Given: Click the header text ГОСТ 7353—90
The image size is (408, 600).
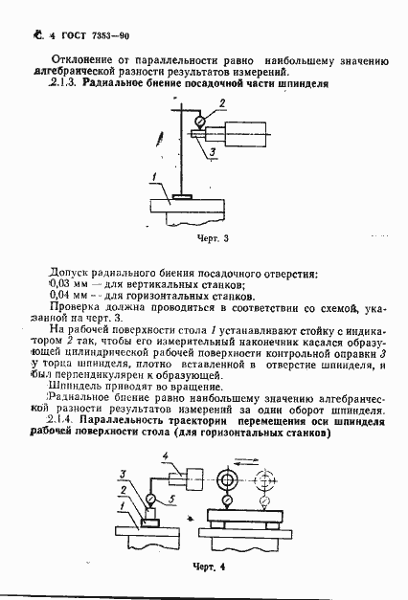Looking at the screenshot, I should coord(62,35).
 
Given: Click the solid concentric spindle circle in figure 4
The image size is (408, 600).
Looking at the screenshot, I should coord(228,479).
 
